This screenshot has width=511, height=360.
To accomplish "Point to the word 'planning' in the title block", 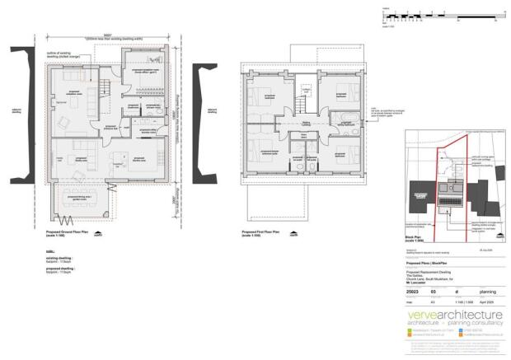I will point(488,291).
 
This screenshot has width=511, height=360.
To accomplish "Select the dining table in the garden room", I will point(82,200).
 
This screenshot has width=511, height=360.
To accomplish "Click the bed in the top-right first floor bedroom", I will point(346,89).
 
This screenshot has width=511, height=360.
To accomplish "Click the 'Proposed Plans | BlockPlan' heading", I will point(427,264).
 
